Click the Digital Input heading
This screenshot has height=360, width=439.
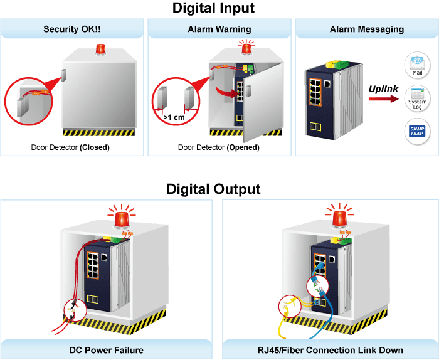coord(213,8)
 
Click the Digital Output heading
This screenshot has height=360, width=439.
coord(213,189)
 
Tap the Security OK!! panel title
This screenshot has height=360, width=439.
coord(72,29)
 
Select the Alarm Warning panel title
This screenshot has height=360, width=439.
coord(219,29)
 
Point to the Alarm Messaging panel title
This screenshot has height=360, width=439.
coord(367,29)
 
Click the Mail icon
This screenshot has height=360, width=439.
coord(417,65)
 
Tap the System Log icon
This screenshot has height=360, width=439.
coord(417,98)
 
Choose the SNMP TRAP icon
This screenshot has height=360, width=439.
coord(417,131)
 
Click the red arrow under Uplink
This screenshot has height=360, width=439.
coord(384,99)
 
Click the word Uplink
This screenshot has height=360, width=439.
coord(383,89)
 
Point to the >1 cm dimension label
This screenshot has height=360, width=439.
coord(174,117)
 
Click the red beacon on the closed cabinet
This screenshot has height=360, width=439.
coord(100,49)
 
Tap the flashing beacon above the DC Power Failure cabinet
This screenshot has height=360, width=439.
coord(122,216)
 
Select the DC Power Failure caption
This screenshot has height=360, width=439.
coord(107,350)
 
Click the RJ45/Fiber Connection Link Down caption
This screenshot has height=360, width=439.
coord(331,350)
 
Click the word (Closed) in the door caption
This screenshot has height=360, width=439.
coord(95,147)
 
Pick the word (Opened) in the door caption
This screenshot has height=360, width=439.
coord(243,147)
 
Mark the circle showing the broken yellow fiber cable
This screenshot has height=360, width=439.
coord(290,306)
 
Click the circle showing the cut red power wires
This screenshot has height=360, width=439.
coord(75,310)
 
